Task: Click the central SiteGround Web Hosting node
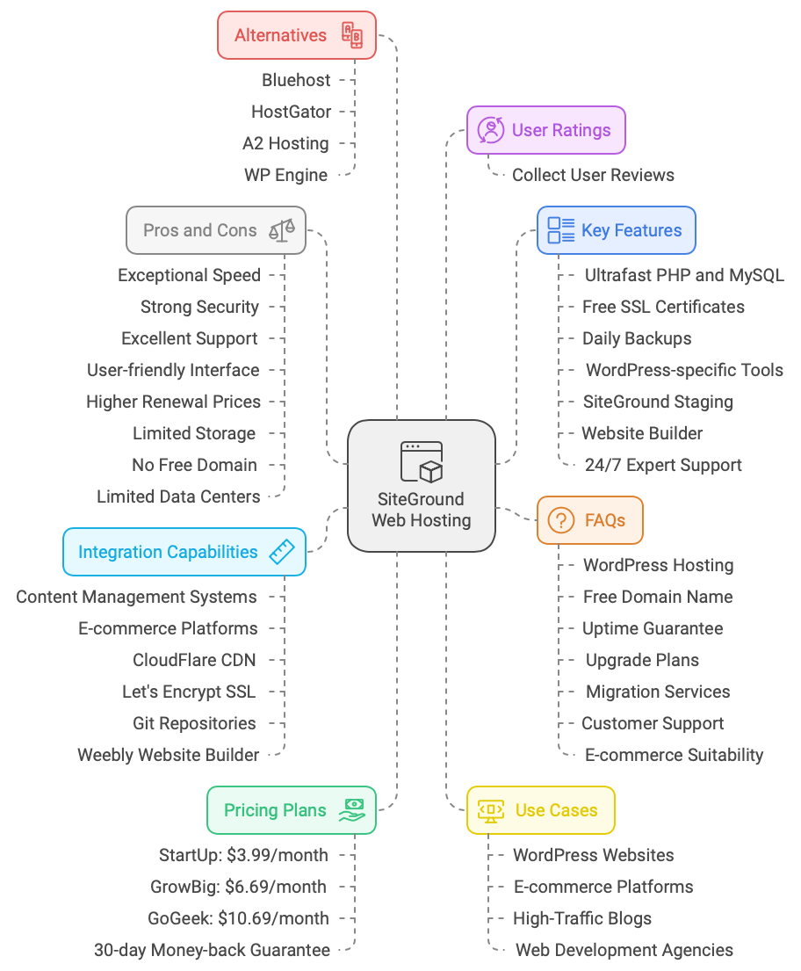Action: point(422,486)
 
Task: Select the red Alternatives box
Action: point(297,35)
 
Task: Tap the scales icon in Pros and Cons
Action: point(282,231)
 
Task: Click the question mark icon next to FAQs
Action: point(560,520)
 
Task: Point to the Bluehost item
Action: point(296,80)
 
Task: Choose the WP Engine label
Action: point(285,175)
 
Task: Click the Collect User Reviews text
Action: point(593,175)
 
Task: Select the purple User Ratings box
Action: point(545,130)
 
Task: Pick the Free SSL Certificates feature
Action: point(663,307)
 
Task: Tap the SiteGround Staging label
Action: point(657,402)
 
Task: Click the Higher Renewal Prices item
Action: point(173,402)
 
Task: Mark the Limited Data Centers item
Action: point(178,496)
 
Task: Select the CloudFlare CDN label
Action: point(195,660)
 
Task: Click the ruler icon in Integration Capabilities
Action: point(281,553)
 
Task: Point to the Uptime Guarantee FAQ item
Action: point(653,628)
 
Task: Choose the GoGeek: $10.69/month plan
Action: point(238,918)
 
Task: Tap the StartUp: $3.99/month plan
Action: point(243,855)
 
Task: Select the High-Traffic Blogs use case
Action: point(582,918)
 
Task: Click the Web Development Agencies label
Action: point(624,950)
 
